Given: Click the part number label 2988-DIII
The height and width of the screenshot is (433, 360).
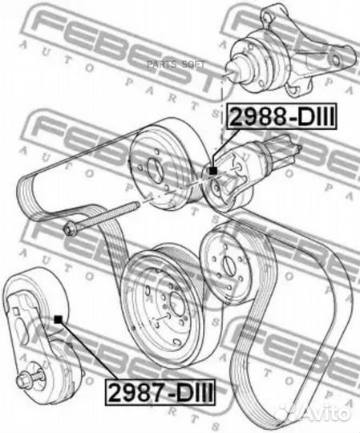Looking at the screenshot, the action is coord(281,116).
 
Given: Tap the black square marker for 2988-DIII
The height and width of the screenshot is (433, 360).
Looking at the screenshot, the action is coord(212,171).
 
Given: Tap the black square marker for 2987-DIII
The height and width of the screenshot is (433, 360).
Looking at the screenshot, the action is coord(58,319).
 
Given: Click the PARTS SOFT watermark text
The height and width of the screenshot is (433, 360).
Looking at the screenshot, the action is coord(176,65).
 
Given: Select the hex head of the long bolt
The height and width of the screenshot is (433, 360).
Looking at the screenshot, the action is coord(69,229).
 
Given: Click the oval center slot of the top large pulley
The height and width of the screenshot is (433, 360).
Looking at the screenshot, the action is coord(155,169).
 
